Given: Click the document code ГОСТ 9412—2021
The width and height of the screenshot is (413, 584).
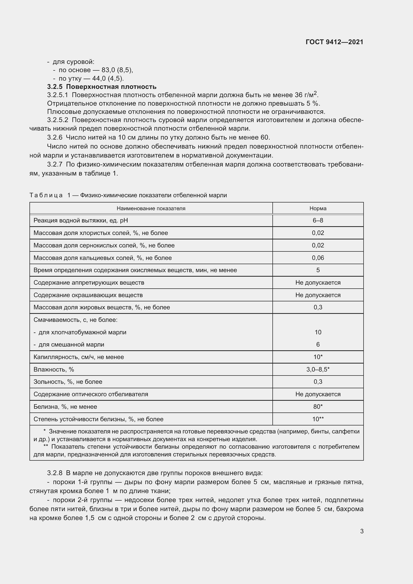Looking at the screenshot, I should click(334, 42).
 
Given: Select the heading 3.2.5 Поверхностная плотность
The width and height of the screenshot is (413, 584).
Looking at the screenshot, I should click(102, 87).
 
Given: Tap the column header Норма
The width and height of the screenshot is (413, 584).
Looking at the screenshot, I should click(318, 208).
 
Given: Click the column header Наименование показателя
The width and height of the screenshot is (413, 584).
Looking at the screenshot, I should click(151, 208).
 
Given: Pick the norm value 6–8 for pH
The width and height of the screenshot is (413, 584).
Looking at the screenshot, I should click(318, 220).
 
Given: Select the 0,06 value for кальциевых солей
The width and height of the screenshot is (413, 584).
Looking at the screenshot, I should click(318, 258).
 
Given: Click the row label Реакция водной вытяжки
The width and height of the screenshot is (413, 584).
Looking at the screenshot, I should click(81, 220).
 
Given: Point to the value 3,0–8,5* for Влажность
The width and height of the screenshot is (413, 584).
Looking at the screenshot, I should click(318, 369).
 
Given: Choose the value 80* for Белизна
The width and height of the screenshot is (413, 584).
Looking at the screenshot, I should click(318, 406).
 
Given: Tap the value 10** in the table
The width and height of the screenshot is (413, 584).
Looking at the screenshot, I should click(318, 419).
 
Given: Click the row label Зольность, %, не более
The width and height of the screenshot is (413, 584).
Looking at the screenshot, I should click(68, 382).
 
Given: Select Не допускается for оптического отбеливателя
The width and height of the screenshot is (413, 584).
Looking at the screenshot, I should click(318, 394).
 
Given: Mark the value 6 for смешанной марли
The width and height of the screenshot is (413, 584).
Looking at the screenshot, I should click(318, 344).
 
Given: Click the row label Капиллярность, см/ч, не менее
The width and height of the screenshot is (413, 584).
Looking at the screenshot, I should click(79, 357).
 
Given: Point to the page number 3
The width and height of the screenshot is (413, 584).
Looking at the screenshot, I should click(362, 531).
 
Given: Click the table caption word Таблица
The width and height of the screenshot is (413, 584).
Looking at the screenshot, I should click(46, 195).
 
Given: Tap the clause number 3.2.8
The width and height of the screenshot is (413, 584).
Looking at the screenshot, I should click(55, 473).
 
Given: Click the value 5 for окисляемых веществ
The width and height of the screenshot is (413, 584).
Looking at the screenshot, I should click(318, 270).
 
